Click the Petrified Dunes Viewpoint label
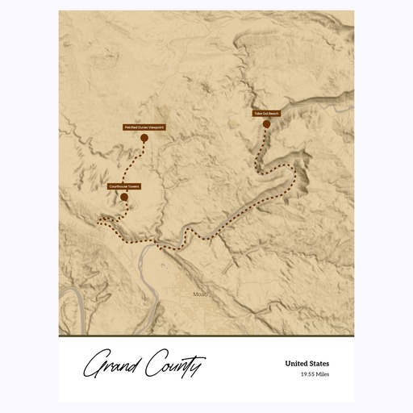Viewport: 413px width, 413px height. (x=144, y=127)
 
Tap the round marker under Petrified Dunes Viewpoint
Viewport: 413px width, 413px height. (x=144, y=139)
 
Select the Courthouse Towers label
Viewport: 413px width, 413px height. (x=124, y=186)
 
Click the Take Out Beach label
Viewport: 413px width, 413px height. (x=266, y=114)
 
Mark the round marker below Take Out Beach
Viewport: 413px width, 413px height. (x=266, y=124)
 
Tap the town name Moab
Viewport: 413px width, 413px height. (x=200, y=294)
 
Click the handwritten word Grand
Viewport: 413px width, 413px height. (x=113, y=365)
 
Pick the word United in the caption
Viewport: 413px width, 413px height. (x=296, y=364)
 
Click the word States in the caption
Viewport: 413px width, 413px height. (x=319, y=364)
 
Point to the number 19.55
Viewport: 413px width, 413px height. (x=307, y=374)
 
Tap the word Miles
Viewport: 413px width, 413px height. (x=323, y=374)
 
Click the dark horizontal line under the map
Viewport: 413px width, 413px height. (x=206, y=335)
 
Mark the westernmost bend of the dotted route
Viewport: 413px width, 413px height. (x=98, y=219)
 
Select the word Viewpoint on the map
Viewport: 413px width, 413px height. (x=155, y=127)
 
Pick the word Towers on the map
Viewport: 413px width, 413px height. (x=133, y=186)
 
